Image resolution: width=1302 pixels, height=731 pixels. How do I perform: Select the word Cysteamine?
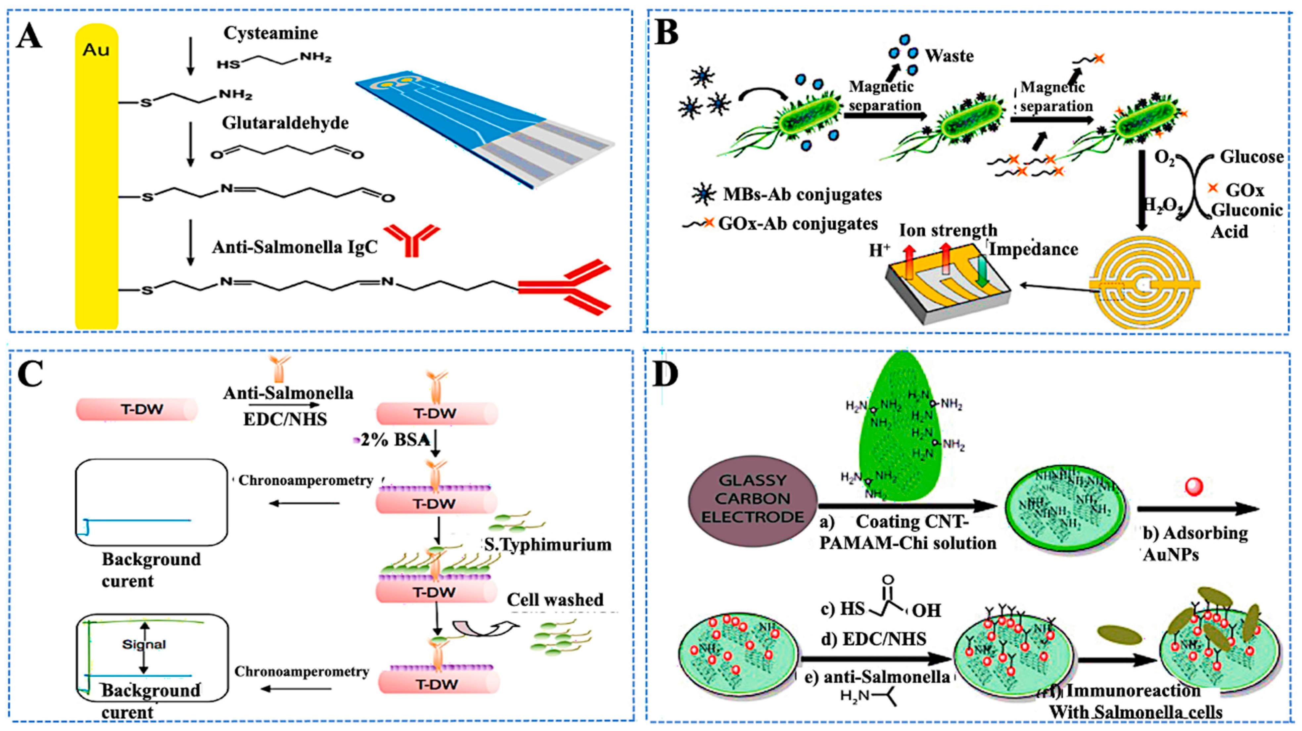click(271, 33)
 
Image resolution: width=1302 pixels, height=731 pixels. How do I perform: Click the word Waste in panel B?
click(949, 55)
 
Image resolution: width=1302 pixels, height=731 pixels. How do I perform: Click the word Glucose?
click(1251, 157)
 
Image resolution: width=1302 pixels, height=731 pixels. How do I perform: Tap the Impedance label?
click(1033, 249)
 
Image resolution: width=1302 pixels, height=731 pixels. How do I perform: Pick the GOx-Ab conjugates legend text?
click(798, 223)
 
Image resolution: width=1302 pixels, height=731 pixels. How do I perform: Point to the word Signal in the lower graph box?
click(144, 645)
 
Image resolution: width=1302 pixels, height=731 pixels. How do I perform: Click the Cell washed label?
click(555, 600)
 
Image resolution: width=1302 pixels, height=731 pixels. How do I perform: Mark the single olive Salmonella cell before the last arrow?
click(1120, 635)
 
